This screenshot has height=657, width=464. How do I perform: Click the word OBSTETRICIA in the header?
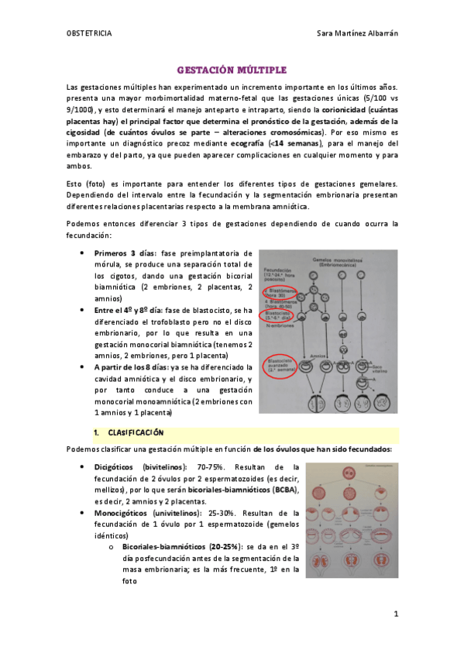coord(89,33)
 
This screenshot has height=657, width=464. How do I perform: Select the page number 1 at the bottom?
coord(395,614)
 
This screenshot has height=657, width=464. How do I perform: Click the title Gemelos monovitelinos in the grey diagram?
coord(339,260)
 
